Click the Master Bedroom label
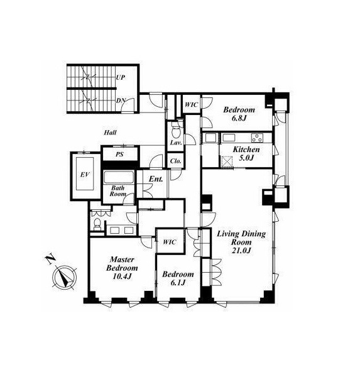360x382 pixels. pos(122,264)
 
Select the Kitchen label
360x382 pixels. pos(246,149)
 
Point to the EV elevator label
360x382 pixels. pos(85,175)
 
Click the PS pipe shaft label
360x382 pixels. pos(119,154)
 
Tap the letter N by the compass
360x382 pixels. pos(50,259)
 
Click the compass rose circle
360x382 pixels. pos(64,278)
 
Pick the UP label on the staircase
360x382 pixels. pos(121,77)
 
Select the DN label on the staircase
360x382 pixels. pos(121,100)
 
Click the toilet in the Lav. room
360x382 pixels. pos(175,131)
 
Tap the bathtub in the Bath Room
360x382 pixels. pos(119,177)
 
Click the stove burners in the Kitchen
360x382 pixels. pos(257,138)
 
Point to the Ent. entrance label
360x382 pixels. pos(156,179)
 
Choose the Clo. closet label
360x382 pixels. pos(176,161)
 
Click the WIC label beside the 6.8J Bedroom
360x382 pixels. pos(192,105)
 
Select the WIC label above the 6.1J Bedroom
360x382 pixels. pos(170,242)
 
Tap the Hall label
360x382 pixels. pos(110,133)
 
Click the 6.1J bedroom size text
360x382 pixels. pos(178,283)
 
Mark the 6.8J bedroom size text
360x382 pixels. pos(239,118)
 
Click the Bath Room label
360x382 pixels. pos(118,191)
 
